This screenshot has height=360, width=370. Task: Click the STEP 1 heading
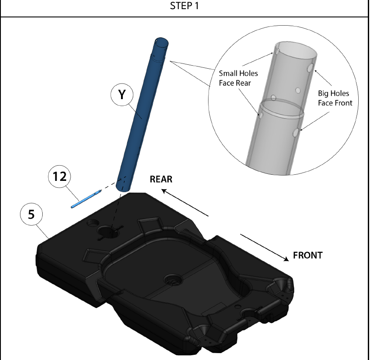click(184, 6)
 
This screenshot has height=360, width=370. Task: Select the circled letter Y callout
click(122, 94)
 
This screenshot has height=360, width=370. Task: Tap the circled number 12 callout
click(60, 177)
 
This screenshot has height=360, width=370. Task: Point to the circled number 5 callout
click(31, 214)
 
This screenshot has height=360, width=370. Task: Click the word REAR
click(161, 180)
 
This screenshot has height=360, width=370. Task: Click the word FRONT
click(308, 255)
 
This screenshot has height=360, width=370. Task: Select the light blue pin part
click(86, 199)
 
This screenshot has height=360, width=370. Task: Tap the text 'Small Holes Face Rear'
click(239, 78)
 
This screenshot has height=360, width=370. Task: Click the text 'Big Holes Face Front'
click(335, 98)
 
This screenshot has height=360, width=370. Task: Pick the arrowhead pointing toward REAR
click(165, 191)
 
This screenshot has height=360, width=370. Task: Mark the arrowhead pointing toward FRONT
click(286, 259)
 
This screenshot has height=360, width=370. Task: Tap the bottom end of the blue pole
click(123, 188)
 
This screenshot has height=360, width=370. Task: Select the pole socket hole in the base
click(109, 231)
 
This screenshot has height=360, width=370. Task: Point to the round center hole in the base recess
click(173, 280)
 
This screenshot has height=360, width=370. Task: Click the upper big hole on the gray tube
click(310, 68)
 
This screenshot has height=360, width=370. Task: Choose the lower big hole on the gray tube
click(296, 133)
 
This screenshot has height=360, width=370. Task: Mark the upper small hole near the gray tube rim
click(278, 51)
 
